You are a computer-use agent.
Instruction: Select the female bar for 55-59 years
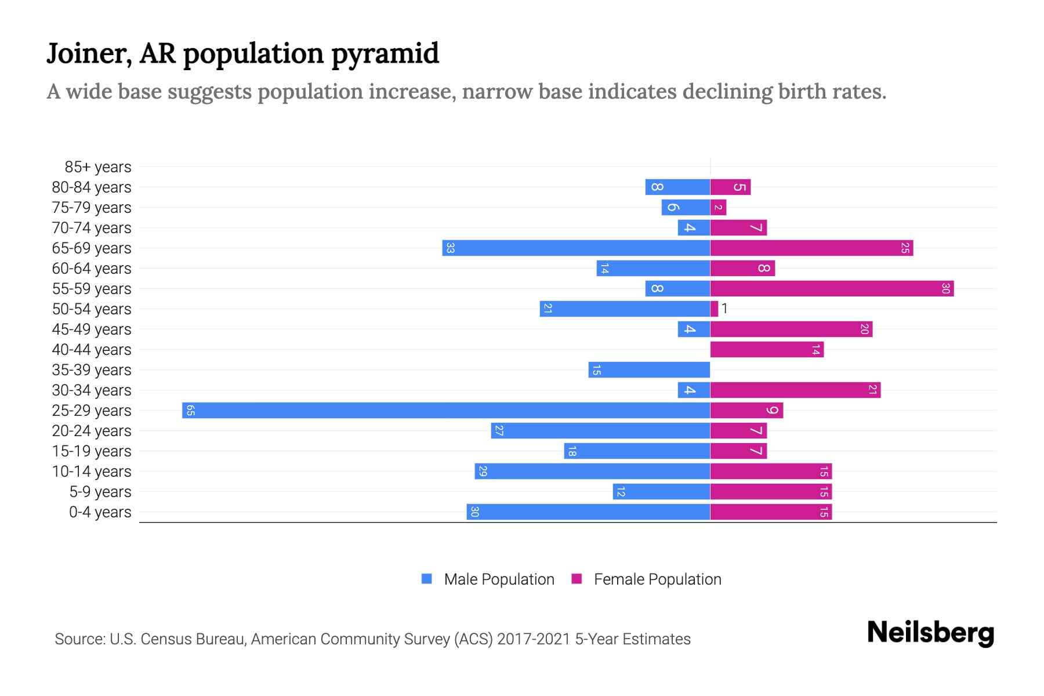click(832, 289)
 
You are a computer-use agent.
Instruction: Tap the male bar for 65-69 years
click(576, 248)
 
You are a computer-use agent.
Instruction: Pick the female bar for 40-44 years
click(767, 350)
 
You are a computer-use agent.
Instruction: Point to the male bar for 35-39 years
click(649, 370)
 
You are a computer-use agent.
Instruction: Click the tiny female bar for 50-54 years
click(714, 309)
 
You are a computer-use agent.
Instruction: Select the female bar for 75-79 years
click(718, 208)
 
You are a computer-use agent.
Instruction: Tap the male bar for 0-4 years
click(588, 512)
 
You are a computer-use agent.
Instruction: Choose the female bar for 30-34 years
click(795, 390)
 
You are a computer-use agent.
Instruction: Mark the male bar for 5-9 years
click(661, 492)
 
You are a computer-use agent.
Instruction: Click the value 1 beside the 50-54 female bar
click(724, 309)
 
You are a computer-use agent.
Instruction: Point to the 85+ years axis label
click(97, 167)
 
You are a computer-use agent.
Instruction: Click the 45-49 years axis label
click(92, 329)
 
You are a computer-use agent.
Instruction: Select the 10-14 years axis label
click(92, 472)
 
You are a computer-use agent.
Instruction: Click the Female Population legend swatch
click(577, 579)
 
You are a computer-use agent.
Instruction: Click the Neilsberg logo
click(930, 633)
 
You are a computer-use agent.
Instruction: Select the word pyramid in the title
click(385, 53)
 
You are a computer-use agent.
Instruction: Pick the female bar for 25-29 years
click(746, 411)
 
